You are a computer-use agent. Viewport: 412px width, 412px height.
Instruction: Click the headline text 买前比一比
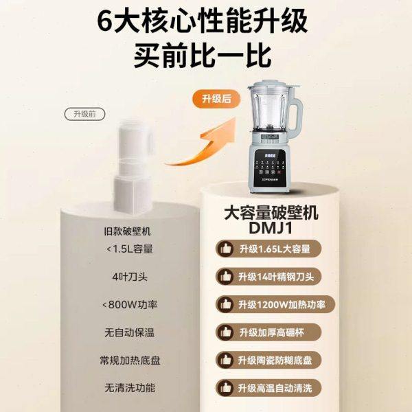pyautogui.click(x=205, y=53)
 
